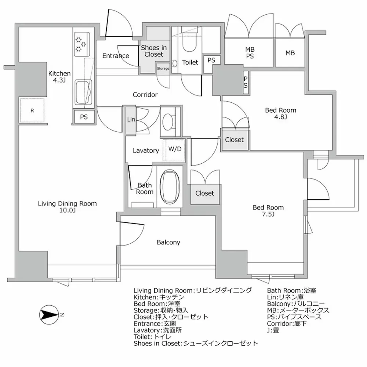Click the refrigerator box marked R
tap(32, 110)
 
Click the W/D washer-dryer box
tap(175, 150)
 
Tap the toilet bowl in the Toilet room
tap(190, 46)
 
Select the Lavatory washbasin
tap(170, 120)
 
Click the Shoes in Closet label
tap(154, 51)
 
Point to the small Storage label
tap(163, 69)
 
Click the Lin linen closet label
tap(130, 120)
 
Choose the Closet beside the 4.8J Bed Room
tap(234, 140)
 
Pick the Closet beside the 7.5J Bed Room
tap(204, 193)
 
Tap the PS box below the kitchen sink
tap(83, 117)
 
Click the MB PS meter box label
tap(250, 53)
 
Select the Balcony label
tap(168, 242)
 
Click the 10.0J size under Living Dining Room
tap(67, 210)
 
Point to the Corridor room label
tap(145, 95)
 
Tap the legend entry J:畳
tap(274, 330)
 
